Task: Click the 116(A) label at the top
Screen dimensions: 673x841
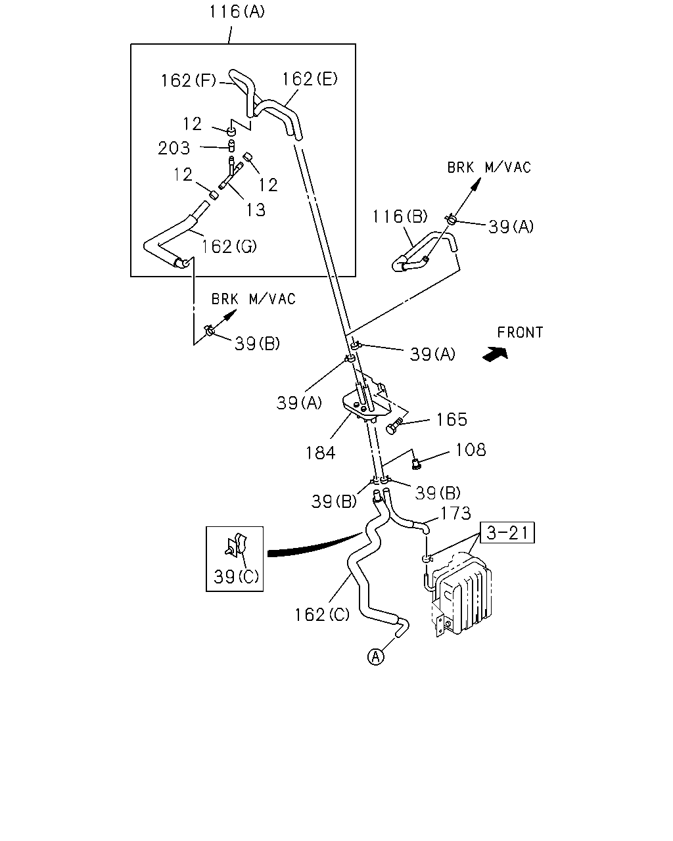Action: click(x=237, y=11)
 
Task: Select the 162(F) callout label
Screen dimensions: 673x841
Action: click(x=189, y=81)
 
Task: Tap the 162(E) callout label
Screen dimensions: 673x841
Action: click(x=310, y=79)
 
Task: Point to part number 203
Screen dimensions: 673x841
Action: click(x=174, y=148)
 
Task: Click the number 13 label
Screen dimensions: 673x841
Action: click(x=256, y=210)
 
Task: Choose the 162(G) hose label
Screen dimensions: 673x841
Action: click(x=229, y=246)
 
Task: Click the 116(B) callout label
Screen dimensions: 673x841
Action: click(x=400, y=217)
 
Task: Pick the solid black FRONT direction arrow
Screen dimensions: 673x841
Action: click(x=495, y=353)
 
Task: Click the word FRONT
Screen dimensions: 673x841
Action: click(x=520, y=332)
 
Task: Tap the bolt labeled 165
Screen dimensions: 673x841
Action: click(x=394, y=426)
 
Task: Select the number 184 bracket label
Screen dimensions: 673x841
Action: click(x=320, y=453)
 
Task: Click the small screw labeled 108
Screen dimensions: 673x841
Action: click(x=417, y=465)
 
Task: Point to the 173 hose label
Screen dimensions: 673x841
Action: click(x=455, y=514)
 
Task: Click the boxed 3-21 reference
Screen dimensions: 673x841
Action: click(x=507, y=533)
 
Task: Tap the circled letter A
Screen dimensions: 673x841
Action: click(x=376, y=657)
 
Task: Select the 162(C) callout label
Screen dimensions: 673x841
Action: click(x=322, y=615)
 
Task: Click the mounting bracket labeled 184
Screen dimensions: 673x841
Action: click(x=366, y=401)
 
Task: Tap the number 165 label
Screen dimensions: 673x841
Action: click(x=452, y=420)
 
